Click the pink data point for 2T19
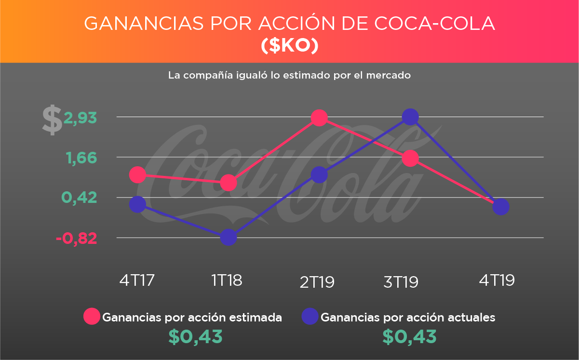pyautogui.click(x=319, y=118)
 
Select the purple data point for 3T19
pyautogui.click(x=410, y=117)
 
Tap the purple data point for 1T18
pyautogui.click(x=228, y=237)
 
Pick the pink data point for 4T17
pyautogui.click(x=137, y=174)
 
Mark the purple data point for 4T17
pyautogui.click(x=137, y=204)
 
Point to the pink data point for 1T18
pyautogui.click(x=228, y=183)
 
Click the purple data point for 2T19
pyautogui.click(x=319, y=174)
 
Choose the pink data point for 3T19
pyautogui.click(x=410, y=158)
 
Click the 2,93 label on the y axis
pyautogui.click(x=81, y=118)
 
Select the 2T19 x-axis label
pyautogui.click(x=317, y=282)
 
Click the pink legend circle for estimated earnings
pyautogui.click(x=92, y=317)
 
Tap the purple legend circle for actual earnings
pyautogui.click(x=310, y=317)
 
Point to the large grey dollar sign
pyautogui.click(x=52, y=120)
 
